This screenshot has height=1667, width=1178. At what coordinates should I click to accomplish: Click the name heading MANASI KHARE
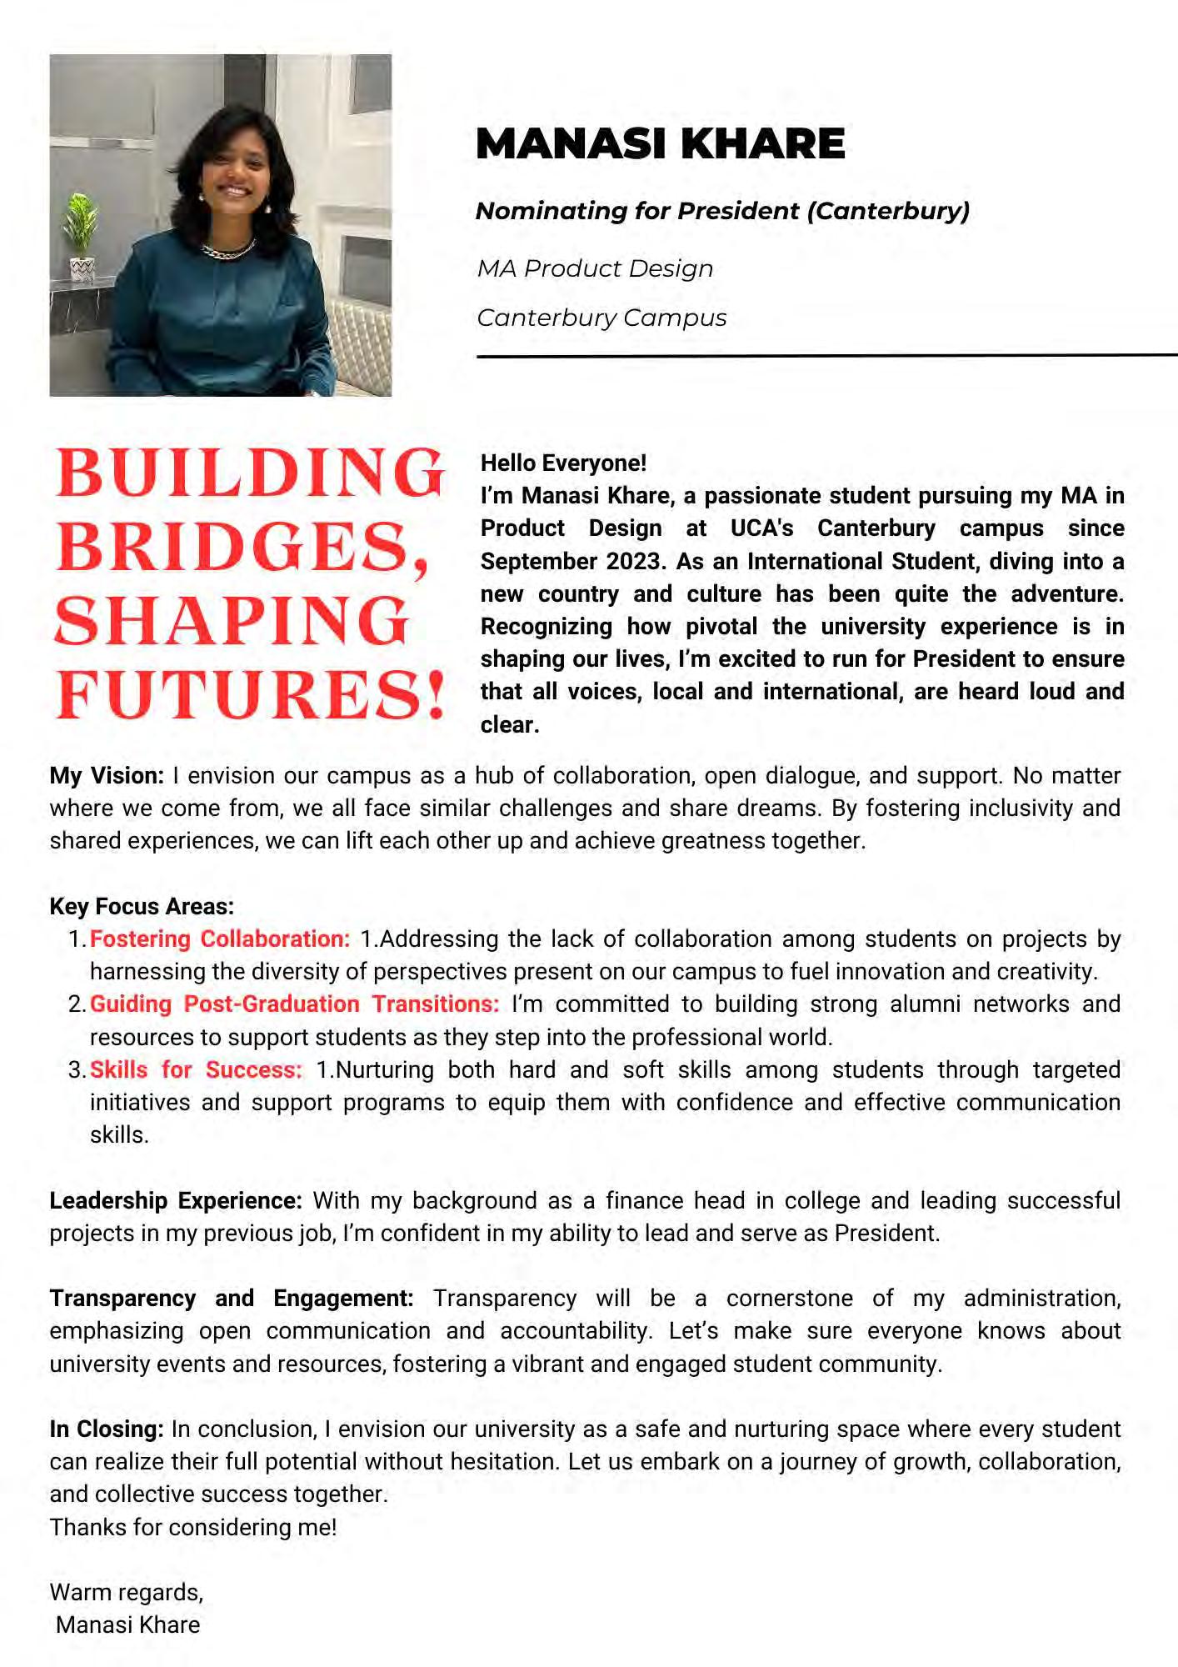(x=660, y=143)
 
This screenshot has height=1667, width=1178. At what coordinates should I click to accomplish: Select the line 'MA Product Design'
(x=595, y=268)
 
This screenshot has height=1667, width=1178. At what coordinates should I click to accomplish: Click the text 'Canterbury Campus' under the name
(x=601, y=318)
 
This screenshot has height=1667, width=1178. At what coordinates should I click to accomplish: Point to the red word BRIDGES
(x=242, y=548)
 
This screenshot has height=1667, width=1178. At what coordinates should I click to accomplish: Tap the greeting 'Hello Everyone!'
(x=563, y=463)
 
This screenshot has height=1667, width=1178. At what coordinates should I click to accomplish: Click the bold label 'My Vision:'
(x=107, y=776)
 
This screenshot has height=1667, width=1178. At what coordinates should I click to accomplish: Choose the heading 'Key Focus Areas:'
(x=142, y=907)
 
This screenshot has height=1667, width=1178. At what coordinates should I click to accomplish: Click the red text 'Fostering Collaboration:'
(x=220, y=939)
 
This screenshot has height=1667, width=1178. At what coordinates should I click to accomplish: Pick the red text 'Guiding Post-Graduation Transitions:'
(x=294, y=1004)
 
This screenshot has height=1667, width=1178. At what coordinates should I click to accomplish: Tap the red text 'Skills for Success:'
(x=196, y=1070)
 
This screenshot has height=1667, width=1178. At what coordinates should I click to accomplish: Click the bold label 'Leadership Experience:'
(x=175, y=1201)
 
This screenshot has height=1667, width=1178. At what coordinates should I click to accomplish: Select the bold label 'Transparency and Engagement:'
(x=231, y=1299)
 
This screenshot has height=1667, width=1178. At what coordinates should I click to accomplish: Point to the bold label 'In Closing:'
(x=106, y=1429)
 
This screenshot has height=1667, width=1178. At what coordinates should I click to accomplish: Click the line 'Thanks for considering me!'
(x=193, y=1527)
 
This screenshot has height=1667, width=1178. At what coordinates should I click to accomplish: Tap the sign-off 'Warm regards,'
(x=127, y=1593)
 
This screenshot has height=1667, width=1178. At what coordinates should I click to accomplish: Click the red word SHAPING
(x=232, y=622)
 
